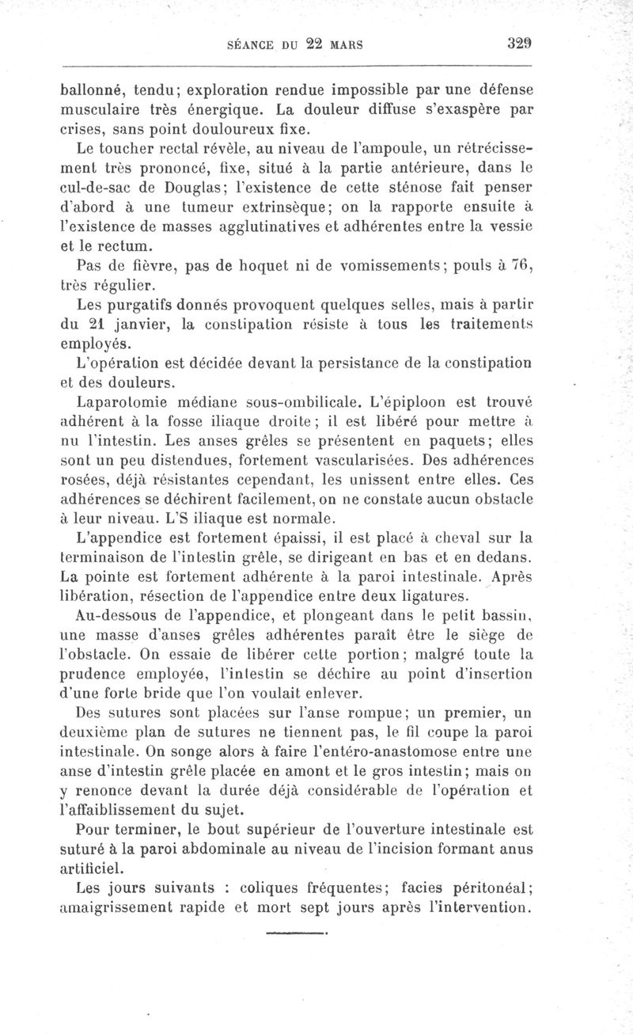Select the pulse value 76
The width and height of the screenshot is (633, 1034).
click(x=518, y=265)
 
